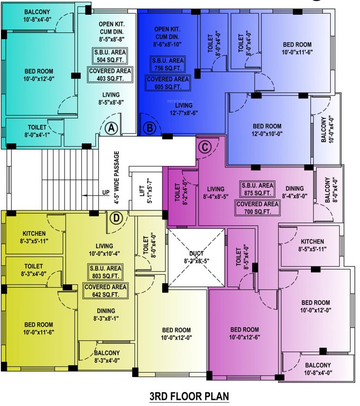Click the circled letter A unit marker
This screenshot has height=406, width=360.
pyautogui.click(x=110, y=127)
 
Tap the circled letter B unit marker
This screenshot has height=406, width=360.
pyautogui.click(x=150, y=127)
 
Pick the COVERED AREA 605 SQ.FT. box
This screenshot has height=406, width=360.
pyautogui.click(x=168, y=82)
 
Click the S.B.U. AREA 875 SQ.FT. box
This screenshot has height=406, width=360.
pyautogui.click(x=257, y=189)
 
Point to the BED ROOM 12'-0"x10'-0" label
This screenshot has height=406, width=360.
pyautogui.click(x=266, y=130)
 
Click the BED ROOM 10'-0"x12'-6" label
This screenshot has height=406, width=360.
pyautogui.click(x=244, y=333)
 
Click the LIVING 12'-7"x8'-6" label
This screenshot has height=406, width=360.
pyautogui.click(x=170, y=109)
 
